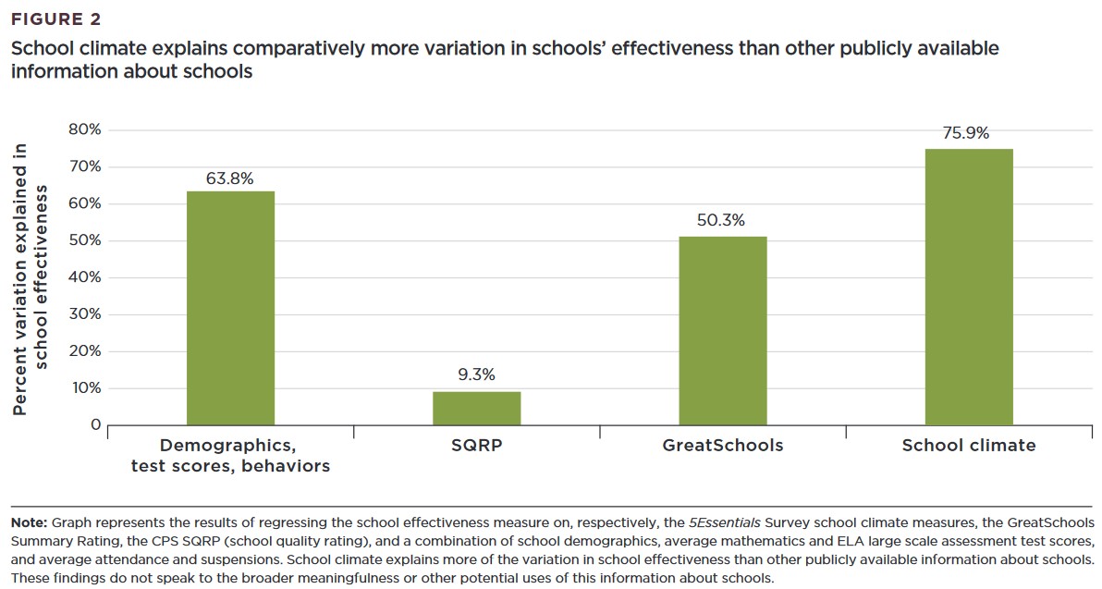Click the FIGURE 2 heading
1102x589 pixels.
[x=56, y=18]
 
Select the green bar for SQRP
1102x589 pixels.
[x=477, y=408]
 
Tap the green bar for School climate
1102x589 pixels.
[x=969, y=287]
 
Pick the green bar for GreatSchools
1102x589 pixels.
[x=723, y=331]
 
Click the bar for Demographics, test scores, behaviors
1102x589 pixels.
[x=230, y=308]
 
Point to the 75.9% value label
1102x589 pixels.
[x=965, y=133]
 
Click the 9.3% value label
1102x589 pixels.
[x=476, y=374]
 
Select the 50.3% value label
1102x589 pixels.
[x=721, y=220]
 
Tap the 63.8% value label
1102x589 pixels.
[x=229, y=178]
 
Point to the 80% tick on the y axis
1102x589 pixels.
[x=84, y=129]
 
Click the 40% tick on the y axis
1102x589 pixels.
[x=84, y=277]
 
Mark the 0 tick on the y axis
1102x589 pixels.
[x=95, y=425]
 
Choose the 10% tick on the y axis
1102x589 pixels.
[x=84, y=388]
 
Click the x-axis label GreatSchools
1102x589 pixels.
[x=722, y=446]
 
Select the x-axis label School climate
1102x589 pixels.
[x=969, y=446]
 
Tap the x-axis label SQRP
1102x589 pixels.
[x=476, y=446]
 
